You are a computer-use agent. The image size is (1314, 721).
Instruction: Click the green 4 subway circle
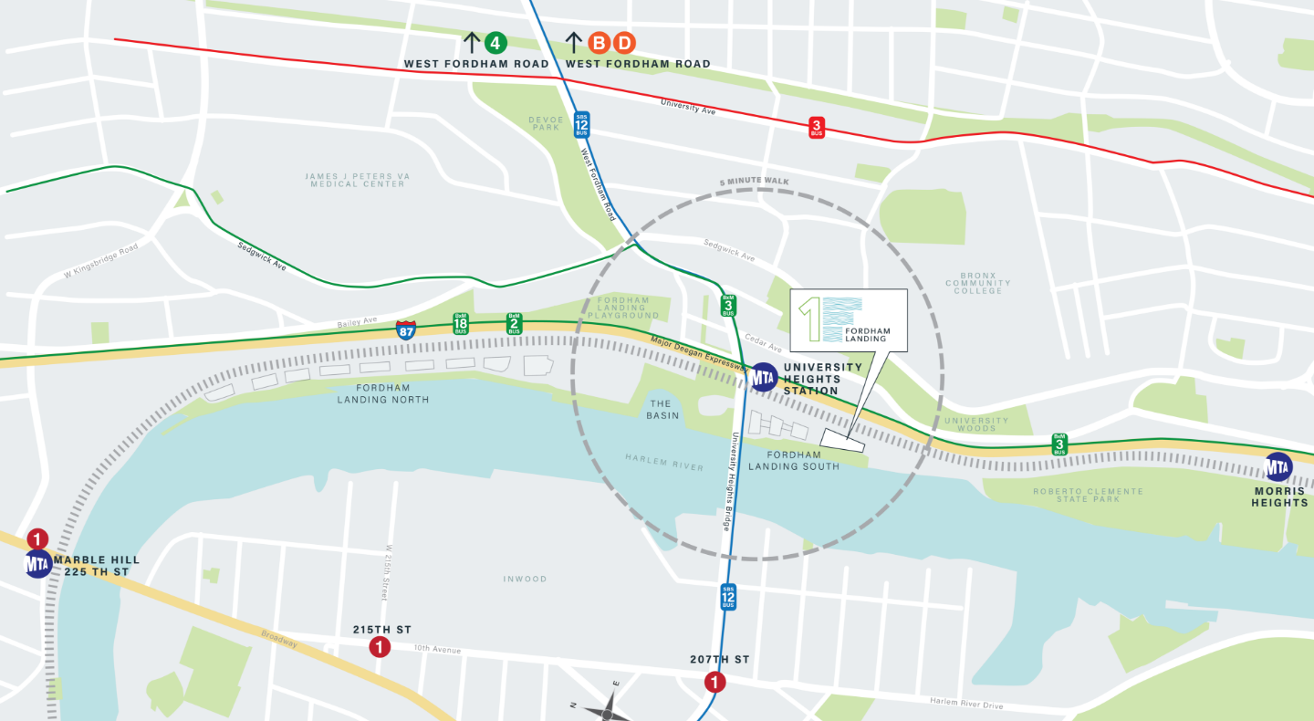pyautogui.click(x=495, y=43)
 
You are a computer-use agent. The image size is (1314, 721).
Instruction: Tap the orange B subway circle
pyautogui.click(x=599, y=43)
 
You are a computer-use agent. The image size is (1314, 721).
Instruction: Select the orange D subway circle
pyautogui.click(x=624, y=43)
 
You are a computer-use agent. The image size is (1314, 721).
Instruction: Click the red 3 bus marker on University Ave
pyautogui.click(x=817, y=128)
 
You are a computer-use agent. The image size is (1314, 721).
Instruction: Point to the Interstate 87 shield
pyautogui.click(x=407, y=329)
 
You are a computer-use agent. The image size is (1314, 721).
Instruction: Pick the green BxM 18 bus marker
pyautogui.click(x=461, y=324)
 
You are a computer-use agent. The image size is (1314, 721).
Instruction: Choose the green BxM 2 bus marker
pyautogui.click(x=515, y=324)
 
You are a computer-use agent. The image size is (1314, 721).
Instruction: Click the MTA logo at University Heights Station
pyautogui.click(x=764, y=377)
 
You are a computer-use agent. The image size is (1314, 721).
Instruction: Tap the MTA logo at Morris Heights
pyautogui.click(x=1278, y=467)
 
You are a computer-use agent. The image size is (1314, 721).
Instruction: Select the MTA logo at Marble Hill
pyautogui.click(x=38, y=563)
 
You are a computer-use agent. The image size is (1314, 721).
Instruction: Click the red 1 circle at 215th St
pyautogui.click(x=379, y=647)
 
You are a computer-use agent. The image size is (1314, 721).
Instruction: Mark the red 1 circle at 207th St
pyautogui.click(x=714, y=682)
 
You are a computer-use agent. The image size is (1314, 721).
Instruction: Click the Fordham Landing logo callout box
pyautogui.click(x=849, y=320)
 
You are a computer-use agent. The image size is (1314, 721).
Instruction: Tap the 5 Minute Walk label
pyautogui.click(x=754, y=182)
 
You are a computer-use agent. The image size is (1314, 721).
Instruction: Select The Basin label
pyautogui.click(x=662, y=410)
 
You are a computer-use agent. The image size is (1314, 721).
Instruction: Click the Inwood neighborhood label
pyautogui.click(x=525, y=579)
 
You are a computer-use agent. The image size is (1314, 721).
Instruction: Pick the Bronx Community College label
pyautogui.click(x=978, y=283)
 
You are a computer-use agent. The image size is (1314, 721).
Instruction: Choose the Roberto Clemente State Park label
pyautogui.click(x=1088, y=496)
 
